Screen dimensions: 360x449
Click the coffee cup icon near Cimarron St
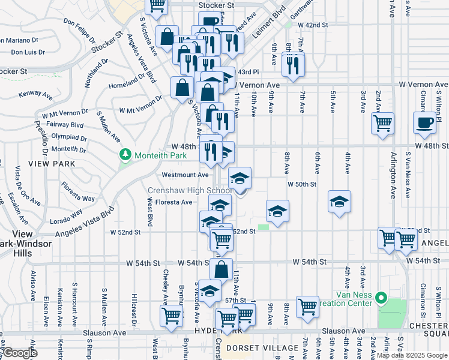[x=424, y=123]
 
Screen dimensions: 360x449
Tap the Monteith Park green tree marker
[x=125, y=155]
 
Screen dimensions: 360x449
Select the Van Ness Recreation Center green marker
[x=381, y=298]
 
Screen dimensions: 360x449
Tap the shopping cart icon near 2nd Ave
[x=382, y=124]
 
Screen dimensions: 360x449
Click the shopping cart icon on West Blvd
[x=172, y=315]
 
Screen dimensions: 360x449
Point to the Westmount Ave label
[x=185, y=175]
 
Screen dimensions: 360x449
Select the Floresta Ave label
[x=173, y=202]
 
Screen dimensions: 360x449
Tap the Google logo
[x=20, y=353]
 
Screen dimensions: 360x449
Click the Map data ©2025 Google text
[x=412, y=355]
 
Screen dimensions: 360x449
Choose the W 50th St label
[x=301, y=184]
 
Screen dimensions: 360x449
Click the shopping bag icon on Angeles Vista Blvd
[x=181, y=88]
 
